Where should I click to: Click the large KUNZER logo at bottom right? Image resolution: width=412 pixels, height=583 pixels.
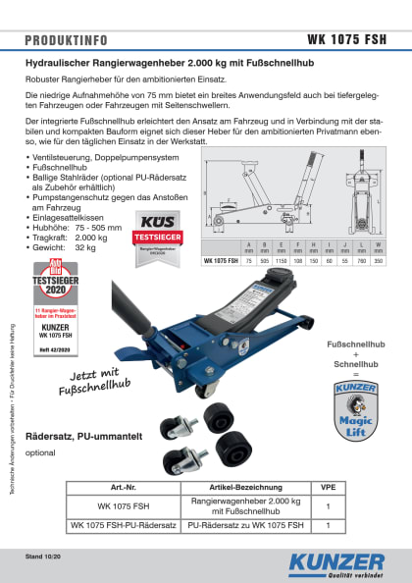[x=336, y=561]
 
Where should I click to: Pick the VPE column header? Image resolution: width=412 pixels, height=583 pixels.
[x=327, y=487]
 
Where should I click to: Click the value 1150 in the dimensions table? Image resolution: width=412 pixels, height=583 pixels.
[x=283, y=261]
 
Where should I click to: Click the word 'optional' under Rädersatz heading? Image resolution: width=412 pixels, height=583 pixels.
[x=39, y=452]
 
